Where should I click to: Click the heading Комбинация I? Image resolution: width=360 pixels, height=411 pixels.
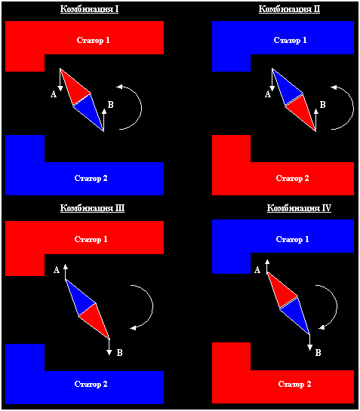pos(90,9)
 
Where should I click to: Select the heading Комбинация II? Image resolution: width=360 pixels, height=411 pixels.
pos(289,9)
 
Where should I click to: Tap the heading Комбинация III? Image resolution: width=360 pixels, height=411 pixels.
pos(92,208)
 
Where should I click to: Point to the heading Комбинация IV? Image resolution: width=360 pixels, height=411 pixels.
pos(299,208)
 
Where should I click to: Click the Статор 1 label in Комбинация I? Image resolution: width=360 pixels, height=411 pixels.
pos(93,40)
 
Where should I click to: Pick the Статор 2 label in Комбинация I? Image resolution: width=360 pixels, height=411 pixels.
pos(91,178)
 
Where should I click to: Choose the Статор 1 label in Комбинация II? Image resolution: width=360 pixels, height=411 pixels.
pos(291,40)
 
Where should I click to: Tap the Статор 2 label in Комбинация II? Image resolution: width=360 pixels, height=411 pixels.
pos(292,178)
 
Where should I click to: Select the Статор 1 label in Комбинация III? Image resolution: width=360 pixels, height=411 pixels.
pos(91,239)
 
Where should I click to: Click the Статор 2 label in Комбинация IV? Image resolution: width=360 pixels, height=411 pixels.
pos(294,384)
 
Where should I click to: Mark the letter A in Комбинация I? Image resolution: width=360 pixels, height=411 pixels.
pos(54,94)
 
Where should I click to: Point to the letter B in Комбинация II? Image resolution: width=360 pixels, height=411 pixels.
pos(323,105)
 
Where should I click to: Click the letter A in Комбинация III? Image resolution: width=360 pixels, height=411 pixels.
pos(57,270)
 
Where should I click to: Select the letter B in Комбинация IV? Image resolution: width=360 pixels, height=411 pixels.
pos(318,353)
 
